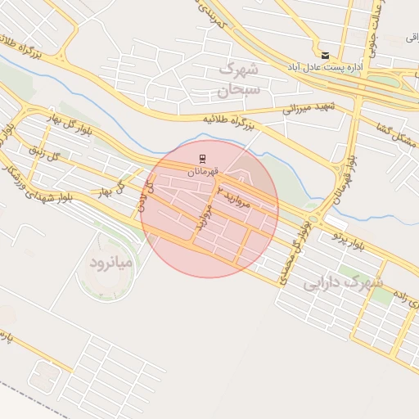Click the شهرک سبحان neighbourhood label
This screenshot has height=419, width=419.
tap(239, 79)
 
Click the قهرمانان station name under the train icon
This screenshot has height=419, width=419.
tap(202, 172)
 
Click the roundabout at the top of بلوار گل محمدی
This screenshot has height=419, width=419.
tap(313, 220)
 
